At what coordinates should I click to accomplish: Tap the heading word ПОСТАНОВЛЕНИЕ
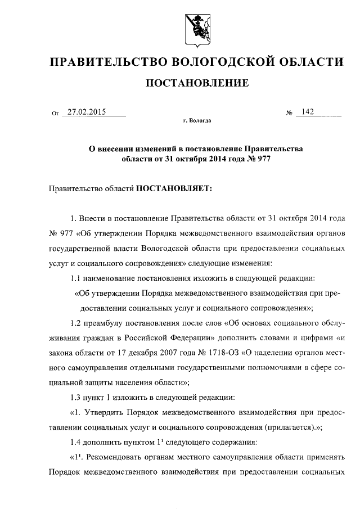click(197, 84)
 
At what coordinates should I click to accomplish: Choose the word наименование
click(111, 278)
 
